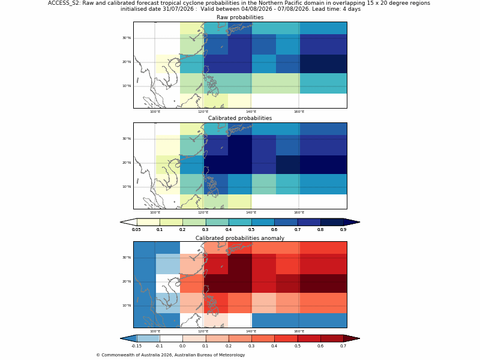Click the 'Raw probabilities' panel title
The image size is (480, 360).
[x=240, y=17]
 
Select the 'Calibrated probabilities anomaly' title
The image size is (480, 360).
[x=240, y=238]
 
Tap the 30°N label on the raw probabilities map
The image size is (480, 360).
[x=127, y=38]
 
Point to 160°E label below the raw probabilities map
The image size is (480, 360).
[x=299, y=112]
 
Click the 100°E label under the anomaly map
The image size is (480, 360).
[x=155, y=331]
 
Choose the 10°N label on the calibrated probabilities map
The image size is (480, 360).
[x=127, y=187]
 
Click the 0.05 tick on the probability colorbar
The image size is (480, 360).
[x=136, y=230]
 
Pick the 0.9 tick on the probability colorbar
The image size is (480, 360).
[x=343, y=230]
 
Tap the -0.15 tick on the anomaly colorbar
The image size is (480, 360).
[x=136, y=346]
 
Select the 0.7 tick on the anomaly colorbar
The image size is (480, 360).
[x=343, y=346]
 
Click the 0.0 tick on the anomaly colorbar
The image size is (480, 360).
[x=182, y=346]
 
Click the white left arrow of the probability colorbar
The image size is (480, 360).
[x=128, y=222]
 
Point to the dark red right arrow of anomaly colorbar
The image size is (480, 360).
[x=352, y=338]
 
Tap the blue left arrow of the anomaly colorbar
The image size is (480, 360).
[x=128, y=338]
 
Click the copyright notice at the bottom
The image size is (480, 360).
[x=170, y=355]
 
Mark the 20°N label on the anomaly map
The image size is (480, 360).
[x=127, y=281]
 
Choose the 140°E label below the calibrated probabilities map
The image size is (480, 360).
[x=251, y=213]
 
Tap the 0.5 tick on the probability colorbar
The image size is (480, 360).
[x=251, y=230]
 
